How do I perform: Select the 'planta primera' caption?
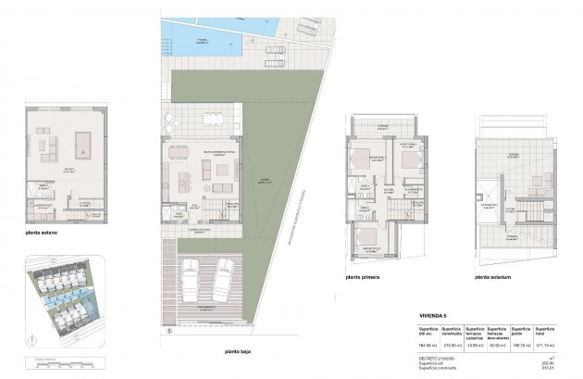[367, 276]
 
